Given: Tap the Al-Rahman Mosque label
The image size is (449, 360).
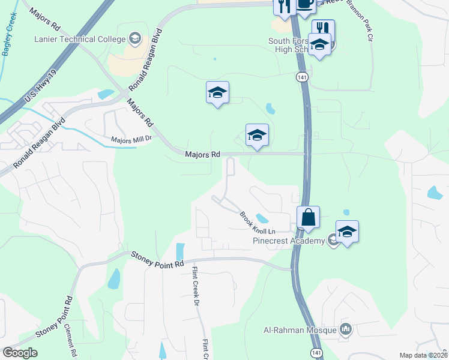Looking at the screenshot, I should click(x=301, y=329).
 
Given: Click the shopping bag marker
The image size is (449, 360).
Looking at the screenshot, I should click(x=308, y=217).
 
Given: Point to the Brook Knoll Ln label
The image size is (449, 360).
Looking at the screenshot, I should click(x=257, y=223).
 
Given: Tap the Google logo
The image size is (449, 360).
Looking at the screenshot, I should click(x=19, y=353).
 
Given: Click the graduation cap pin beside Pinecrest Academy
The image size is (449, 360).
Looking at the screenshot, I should click(x=347, y=232).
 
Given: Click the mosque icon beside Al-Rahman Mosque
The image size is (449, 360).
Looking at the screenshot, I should click(x=346, y=329).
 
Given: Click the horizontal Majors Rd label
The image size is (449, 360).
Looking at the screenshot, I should click(x=202, y=154).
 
